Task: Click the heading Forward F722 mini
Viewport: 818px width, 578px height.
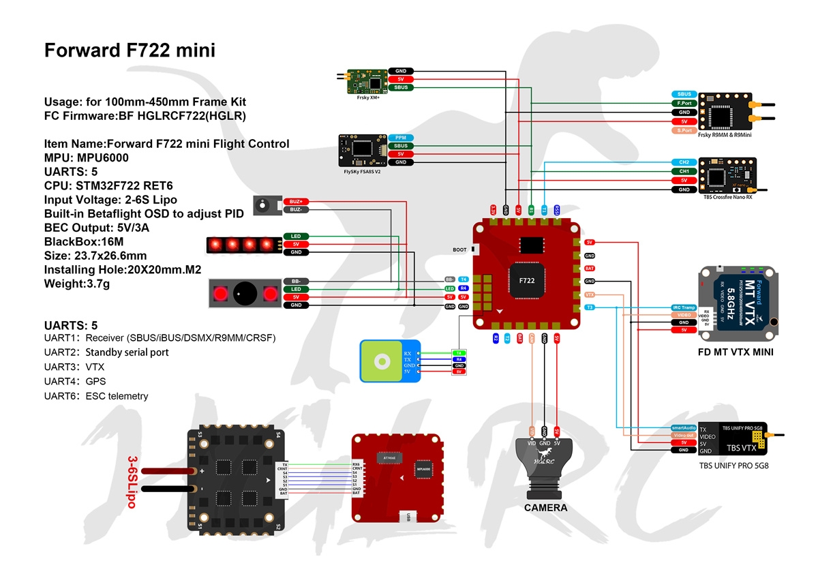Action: click(x=130, y=50)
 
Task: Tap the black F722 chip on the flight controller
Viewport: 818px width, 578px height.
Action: click(x=526, y=280)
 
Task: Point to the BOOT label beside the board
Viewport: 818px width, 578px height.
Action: click(x=460, y=249)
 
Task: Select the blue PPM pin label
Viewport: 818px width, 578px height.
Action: click(x=400, y=137)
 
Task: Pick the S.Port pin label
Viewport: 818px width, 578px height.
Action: click(x=684, y=130)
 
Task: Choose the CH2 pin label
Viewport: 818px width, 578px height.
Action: click(x=684, y=162)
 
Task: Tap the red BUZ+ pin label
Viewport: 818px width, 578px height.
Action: click(x=296, y=201)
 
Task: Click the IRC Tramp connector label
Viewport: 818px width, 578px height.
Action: click(x=684, y=307)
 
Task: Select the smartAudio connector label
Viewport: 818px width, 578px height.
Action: click(x=684, y=427)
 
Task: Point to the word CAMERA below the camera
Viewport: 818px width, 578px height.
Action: click(x=545, y=508)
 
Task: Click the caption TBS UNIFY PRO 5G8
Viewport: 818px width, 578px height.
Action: click(x=733, y=466)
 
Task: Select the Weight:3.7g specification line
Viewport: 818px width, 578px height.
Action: click(x=77, y=282)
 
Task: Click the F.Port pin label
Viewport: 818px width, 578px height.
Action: click(x=684, y=103)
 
